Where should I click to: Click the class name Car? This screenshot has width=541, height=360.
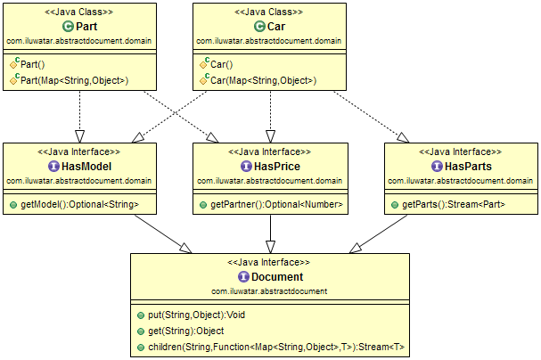tap(275, 26)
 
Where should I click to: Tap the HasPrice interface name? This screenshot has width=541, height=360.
tap(275, 166)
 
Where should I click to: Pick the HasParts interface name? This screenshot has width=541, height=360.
tap(466, 166)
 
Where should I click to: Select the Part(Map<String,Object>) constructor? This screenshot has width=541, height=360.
tap(74, 80)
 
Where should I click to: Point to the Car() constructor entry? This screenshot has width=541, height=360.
tap(219, 64)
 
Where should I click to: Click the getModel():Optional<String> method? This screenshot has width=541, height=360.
tap(80, 205)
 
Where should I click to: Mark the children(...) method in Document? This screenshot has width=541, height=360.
tap(271, 347)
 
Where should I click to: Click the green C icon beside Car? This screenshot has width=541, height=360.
tap(259, 26)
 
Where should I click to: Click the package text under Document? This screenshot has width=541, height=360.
tap(268, 290)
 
